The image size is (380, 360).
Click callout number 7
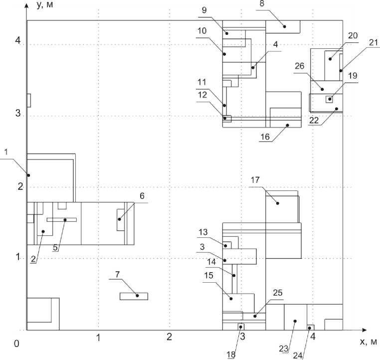click(117, 275)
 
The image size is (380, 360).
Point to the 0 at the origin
click(17, 344)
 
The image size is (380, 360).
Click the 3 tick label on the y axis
click(19, 113)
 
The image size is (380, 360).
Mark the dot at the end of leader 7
click(137, 296)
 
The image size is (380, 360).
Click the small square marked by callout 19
click(329, 99)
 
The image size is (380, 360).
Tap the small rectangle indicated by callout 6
click(120, 219)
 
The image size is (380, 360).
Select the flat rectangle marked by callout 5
click(61, 219)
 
